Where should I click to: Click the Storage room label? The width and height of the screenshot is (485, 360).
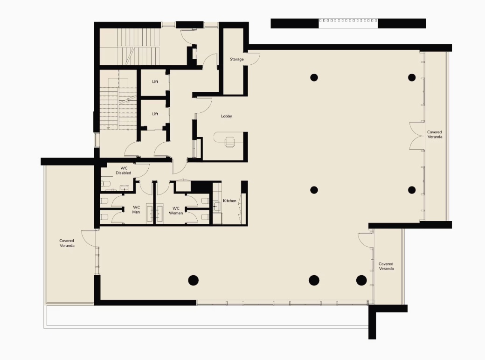pos(236,59)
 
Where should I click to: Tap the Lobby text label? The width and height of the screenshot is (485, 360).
pos(227,116)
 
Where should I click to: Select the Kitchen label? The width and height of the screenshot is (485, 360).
pos(229,201)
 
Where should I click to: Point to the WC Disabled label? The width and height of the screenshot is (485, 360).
pos(124,170)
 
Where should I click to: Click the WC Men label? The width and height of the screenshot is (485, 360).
pos(136,210)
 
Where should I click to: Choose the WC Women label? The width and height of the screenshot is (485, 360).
pos(176,211)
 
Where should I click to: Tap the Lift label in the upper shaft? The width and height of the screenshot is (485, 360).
pos(155,82)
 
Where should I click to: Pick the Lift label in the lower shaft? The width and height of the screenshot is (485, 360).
pos(155,114)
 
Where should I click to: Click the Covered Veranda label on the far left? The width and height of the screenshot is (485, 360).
pos(67,243)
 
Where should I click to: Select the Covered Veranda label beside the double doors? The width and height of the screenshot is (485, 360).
pos(435,134)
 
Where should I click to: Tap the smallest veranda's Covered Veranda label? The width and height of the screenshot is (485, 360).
pos(386,266)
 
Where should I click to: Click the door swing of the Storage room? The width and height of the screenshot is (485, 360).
pos(254,59)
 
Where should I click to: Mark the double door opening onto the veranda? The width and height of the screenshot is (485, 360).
pos(416,136)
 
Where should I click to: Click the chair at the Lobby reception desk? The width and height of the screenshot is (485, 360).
pos(229,142)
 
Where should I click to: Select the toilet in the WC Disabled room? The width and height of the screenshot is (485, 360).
pos(104,184)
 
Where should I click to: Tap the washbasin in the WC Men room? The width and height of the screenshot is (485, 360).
pos(150,214)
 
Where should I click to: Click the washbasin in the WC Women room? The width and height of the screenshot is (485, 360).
pos(159,214)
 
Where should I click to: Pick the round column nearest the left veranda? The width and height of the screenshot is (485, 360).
pos(194,280)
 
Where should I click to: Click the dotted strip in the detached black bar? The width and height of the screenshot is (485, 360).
pos(348,21)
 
